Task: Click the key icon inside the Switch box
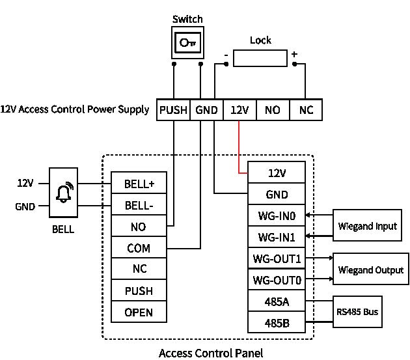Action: point(187,42)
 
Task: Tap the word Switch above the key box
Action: point(187,19)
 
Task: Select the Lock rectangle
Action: point(260,58)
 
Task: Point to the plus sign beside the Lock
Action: point(294,54)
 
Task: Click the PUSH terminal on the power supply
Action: point(173,109)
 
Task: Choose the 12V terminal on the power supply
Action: point(239,109)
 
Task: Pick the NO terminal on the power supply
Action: point(273,109)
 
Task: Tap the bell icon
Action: point(64,193)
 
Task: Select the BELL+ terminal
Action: point(139,183)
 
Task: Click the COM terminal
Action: point(139,247)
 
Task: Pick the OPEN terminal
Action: point(139,312)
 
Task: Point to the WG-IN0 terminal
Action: point(277,215)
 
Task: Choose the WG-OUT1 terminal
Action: point(277,258)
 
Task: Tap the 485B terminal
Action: point(277,322)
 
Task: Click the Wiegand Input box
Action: point(367,225)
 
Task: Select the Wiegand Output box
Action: point(370,269)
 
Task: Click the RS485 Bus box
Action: point(357,312)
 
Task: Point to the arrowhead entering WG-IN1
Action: point(308,236)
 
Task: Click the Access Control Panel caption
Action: point(211,353)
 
